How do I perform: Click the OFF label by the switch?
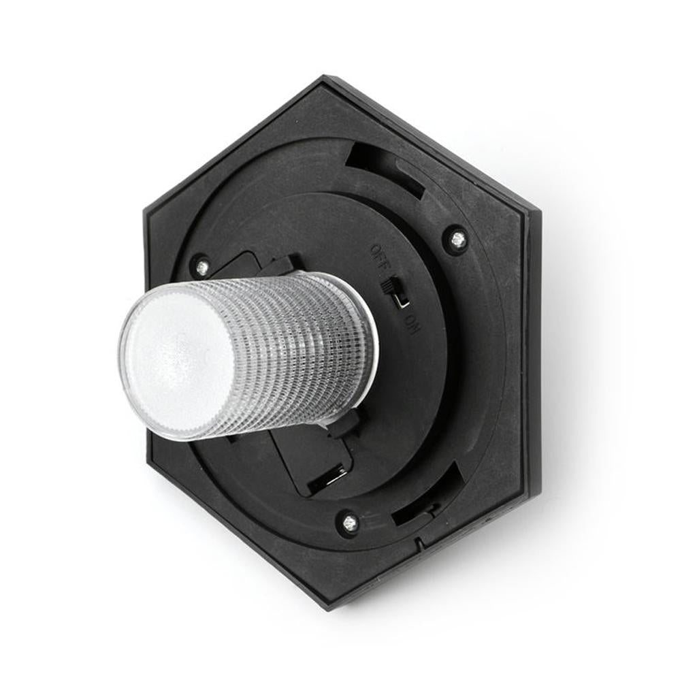pos(379,259)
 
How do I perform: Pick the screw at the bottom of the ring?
pos(348,522)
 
